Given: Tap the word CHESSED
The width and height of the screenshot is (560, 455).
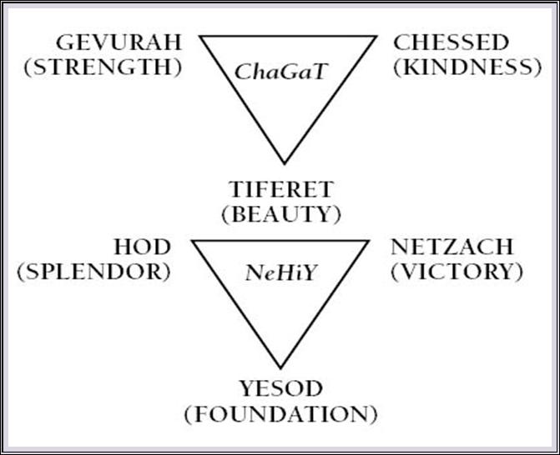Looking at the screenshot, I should tap(451, 43).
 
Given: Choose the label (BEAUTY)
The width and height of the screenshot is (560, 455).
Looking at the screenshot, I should tap(280, 213).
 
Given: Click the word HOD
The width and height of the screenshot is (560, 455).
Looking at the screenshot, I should tap(144, 247).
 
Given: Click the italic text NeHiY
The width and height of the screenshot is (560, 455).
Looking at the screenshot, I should tap(280, 272).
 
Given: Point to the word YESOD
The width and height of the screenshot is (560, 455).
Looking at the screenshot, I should tap(280, 388).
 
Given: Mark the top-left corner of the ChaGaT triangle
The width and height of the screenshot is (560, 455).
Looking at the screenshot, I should tap(200, 37).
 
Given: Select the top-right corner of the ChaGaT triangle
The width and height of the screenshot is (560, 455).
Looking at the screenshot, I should tap(376, 37).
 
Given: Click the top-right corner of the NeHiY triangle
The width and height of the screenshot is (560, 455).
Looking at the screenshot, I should tap(368, 240).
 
